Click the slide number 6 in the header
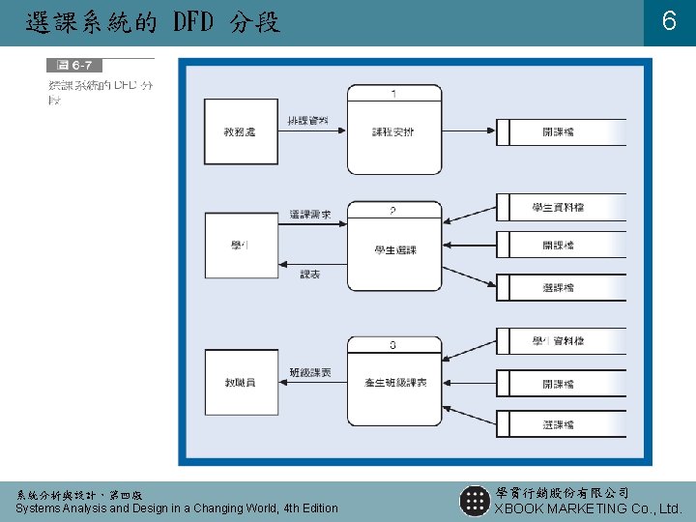668,22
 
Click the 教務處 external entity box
241,131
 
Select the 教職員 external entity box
241,383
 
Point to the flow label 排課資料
308,120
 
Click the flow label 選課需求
309,215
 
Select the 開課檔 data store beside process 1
560,131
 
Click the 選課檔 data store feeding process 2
560,287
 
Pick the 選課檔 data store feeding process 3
560,424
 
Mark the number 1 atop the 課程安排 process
394,93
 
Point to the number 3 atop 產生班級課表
393,344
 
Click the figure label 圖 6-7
73,66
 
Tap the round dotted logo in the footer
474,501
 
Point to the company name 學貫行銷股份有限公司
561,493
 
